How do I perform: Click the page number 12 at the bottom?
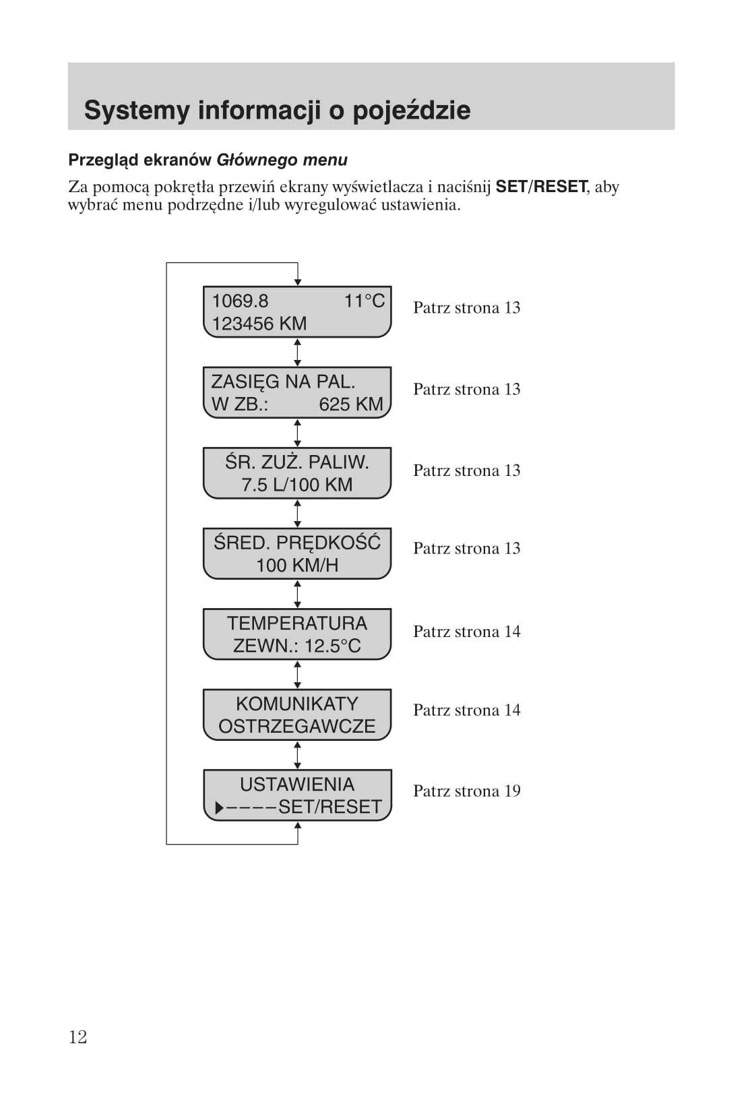(x=78, y=1036)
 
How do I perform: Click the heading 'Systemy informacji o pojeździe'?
(x=277, y=110)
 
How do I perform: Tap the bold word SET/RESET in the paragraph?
(x=541, y=187)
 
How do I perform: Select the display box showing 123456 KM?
(x=297, y=311)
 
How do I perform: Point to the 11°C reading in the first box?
(x=364, y=301)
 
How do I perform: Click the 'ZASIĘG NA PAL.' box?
(x=297, y=392)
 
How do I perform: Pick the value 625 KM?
(x=350, y=404)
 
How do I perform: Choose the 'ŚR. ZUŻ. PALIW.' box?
(x=297, y=473)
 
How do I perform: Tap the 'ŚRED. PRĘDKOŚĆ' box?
(x=297, y=553)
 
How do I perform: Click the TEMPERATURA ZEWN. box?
(x=297, y=634)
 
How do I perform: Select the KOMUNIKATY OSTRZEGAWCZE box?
(x=297, y=715)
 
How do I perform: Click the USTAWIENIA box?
(x=297, y=795)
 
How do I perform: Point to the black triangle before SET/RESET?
(x=219, y=808)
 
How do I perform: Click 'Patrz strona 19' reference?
(x=466, y=791)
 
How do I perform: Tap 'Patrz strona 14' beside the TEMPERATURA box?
(x=466, y=632)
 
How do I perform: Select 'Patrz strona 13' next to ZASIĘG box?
(x=466, y=389)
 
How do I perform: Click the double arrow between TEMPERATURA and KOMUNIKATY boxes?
(x=297, y=674)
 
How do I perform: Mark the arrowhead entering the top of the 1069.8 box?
(x=297, y=282)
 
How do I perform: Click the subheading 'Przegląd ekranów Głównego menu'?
(x=208, y=160)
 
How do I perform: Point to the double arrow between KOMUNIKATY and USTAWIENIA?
(x=297, y=755)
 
